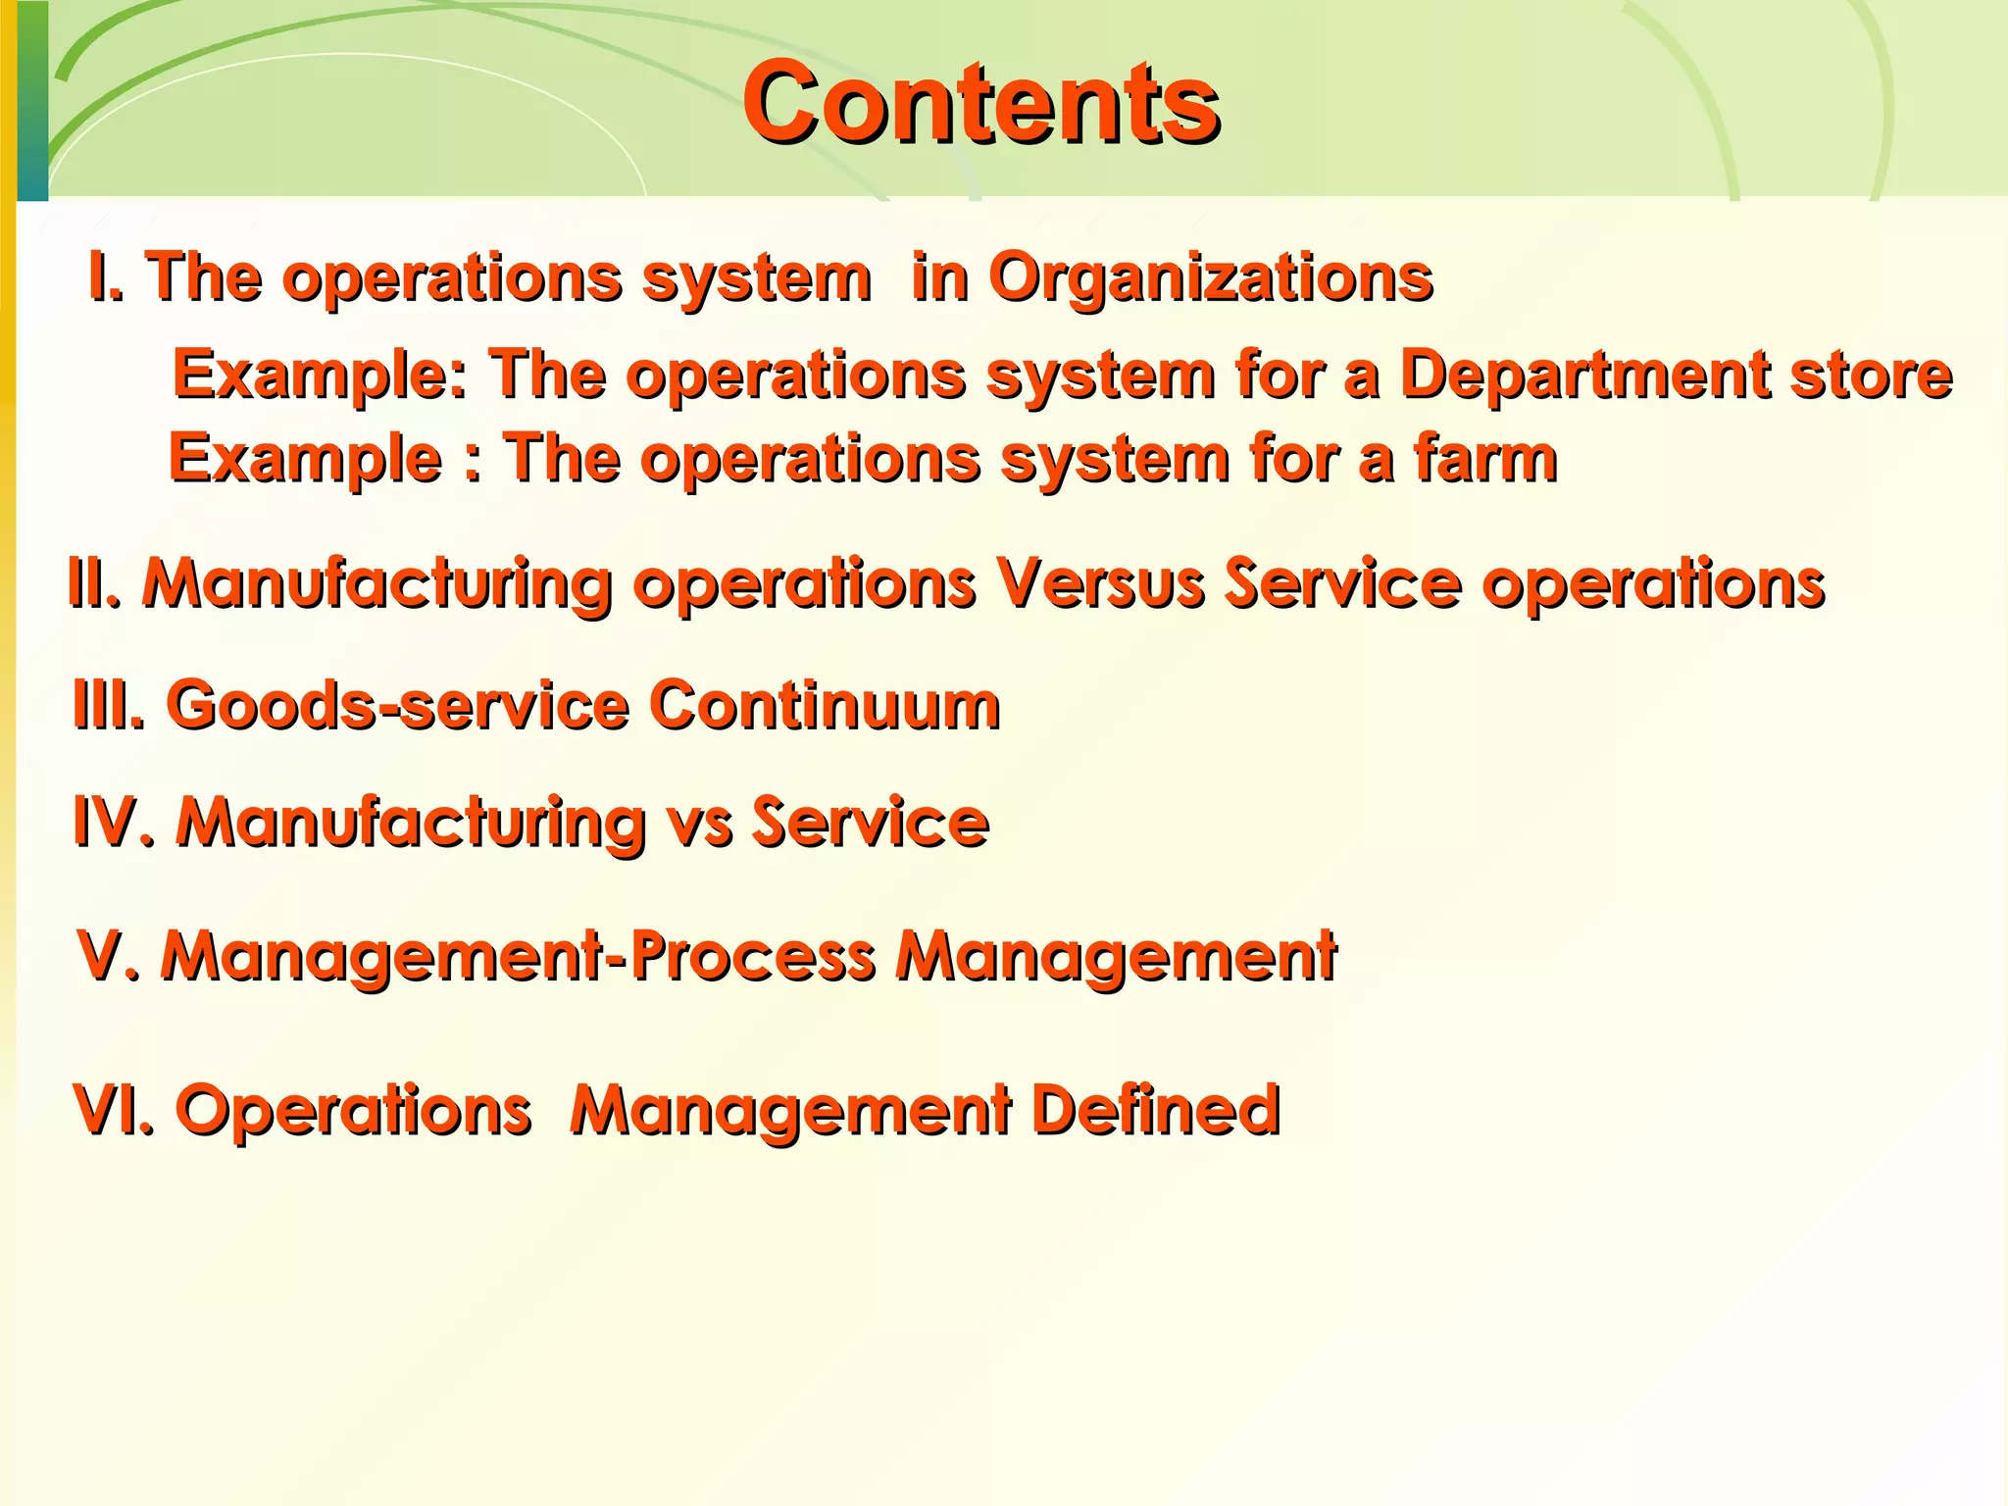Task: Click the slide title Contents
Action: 980,103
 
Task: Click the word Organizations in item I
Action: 1210,277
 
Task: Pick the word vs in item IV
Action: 699,822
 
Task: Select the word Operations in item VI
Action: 353,1110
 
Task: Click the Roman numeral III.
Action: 109,705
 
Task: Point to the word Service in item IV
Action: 870,822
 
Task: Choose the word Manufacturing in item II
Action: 377,583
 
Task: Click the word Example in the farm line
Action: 305,459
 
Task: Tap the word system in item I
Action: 756,277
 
